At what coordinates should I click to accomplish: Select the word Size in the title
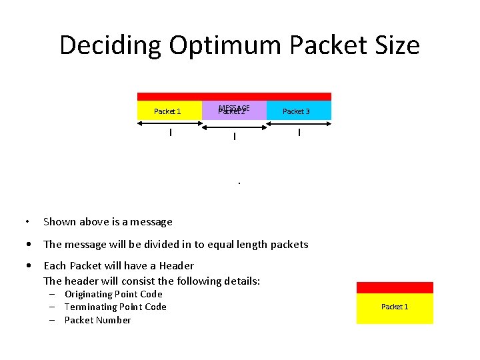(x=395, y=45)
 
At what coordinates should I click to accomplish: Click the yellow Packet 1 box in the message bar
(x=168, y=111)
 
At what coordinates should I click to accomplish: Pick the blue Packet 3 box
(x=297, y=111)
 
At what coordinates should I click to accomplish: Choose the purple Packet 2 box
(x=233, y=111)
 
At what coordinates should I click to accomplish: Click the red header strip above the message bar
(x=234, y=97)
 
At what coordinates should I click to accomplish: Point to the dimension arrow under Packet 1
(x=170, y=132)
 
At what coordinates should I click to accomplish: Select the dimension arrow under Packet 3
(x=299, y=132)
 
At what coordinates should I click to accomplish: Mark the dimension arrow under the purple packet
(x=234, y=136)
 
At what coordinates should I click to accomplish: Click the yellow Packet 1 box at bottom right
(x=395, y=308)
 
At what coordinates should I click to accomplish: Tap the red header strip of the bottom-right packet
(x=395, y=287)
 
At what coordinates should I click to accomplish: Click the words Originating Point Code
(x=113, y=294)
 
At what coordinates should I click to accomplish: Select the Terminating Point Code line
(x=115, y=307)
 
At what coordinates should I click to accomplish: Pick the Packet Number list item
(x=97, y=320)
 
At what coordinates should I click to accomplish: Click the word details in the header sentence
(x=239, y=281)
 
